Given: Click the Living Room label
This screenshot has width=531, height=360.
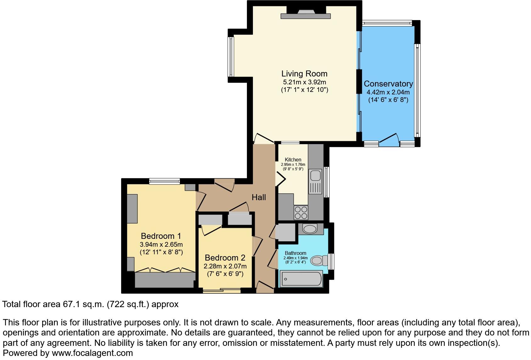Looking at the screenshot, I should coord(304,74).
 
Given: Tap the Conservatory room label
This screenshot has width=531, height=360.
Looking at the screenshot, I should coord(388,84).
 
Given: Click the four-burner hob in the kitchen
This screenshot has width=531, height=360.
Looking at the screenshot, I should coord(301,213).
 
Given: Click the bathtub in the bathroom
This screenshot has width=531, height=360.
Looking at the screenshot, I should coord(301,279).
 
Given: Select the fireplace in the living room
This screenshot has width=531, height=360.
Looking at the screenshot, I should coord(305,14).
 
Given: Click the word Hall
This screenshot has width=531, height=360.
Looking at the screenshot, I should coord(259,197).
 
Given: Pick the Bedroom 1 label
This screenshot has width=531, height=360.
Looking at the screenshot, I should coord(161,236).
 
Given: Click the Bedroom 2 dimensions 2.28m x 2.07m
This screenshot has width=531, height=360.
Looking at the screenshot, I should coord(225,266).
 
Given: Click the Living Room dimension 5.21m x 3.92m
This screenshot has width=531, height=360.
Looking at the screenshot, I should coord(304,82).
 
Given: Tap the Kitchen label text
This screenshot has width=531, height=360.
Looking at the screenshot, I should coord(293,160).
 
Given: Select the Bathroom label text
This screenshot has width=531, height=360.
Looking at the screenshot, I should coord(295,253).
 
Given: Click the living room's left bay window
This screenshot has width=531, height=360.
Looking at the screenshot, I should coord(231,57).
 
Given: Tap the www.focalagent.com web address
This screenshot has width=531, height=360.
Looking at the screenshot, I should coord(92,353).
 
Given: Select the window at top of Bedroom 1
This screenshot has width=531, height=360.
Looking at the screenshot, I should coord(165,181).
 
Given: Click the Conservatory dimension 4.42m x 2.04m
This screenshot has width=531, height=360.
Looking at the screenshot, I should coord(388,93).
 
